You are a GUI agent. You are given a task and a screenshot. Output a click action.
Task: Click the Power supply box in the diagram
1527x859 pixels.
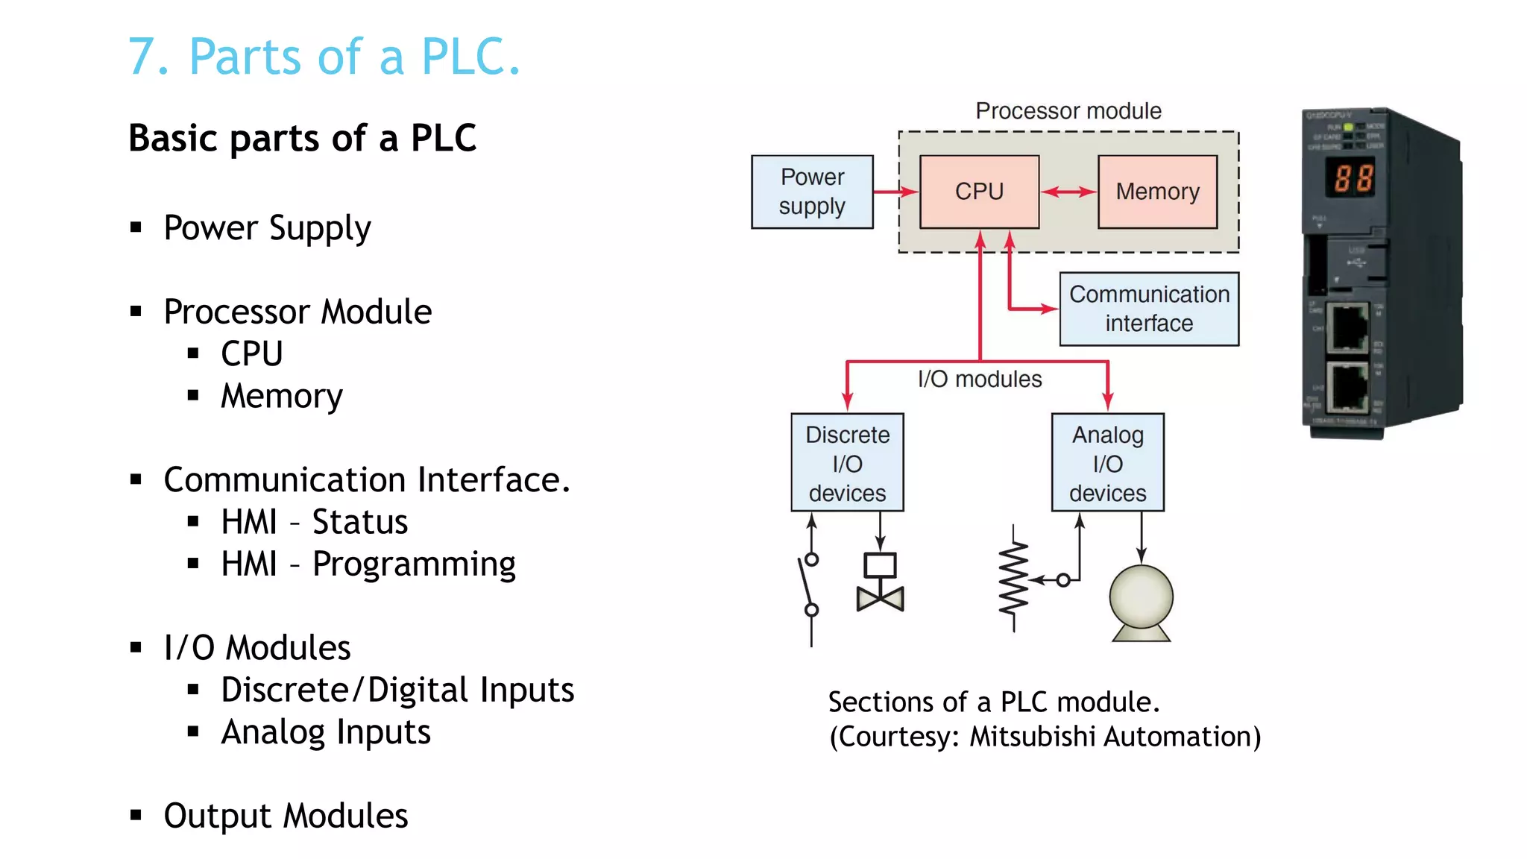pos(812,192)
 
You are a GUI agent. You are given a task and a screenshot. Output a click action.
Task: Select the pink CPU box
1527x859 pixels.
pos(979,192)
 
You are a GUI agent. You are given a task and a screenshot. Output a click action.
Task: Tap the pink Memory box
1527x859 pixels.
pos(1157,192)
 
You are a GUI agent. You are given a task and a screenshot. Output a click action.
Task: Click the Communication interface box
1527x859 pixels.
pos(1149,309)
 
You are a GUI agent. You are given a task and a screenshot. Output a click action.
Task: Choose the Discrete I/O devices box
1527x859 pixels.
pos(847,463)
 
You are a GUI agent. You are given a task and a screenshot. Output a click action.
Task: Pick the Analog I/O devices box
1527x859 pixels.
pos(1107,463)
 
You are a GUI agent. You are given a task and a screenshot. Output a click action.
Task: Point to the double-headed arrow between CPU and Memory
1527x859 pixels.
pos(1068,192)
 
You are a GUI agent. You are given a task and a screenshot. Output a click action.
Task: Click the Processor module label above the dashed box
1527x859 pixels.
pos(1068,111)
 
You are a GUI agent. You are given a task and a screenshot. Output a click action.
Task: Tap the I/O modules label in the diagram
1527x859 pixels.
pos(979,379)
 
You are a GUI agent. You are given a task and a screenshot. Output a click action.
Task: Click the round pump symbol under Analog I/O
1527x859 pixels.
pos(1141,601)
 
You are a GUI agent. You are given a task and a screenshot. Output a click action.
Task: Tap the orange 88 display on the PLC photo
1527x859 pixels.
pos(1353,179)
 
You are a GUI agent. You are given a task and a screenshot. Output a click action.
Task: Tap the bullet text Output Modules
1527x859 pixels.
pos(286,816)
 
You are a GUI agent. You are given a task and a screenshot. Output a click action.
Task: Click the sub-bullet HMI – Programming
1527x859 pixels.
pos(368,564)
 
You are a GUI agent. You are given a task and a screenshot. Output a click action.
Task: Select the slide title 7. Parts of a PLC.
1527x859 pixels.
pos(324,57)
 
